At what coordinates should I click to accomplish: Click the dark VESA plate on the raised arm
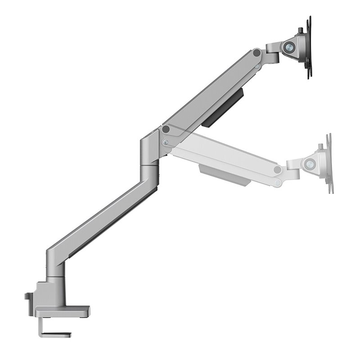click(309, 47)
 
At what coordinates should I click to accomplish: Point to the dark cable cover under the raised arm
click(224, 108)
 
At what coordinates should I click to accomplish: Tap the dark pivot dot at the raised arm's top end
click(256, 53)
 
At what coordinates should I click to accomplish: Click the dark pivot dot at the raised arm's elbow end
click(166, 130)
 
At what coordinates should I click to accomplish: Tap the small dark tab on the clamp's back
click(28, 297)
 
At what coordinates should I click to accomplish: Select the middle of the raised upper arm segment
click(211, 90)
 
